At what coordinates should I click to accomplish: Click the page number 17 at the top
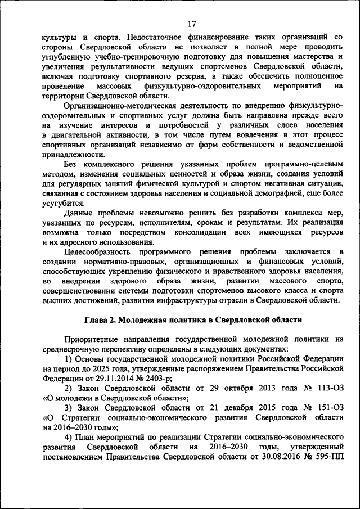[x=191, y=24]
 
